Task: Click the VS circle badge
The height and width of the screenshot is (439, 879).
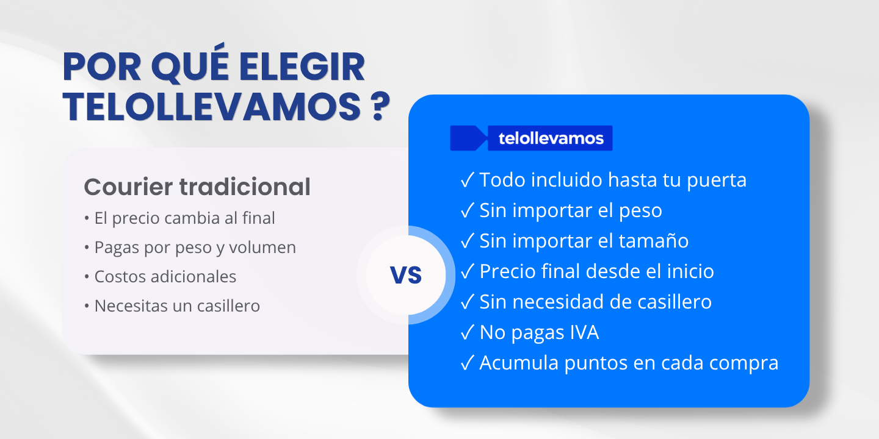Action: pyautogui.click(x=406, y=275)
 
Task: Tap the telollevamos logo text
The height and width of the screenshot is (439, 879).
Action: pyautogui.click(x=551, y=138)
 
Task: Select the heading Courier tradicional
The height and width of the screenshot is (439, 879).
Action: pyautogui.click(x=197, y=187)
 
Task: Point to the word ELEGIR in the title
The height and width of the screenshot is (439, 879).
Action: pyautogui.click(x=302, y=66)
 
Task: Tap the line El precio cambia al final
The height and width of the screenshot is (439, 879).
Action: pyautogui.click(x=184, y=218)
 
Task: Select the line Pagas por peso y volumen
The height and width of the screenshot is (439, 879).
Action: pyautogui.click(x=195, y=248)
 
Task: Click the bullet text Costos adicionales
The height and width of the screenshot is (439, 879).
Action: pyautogui.click(x=165, y=277)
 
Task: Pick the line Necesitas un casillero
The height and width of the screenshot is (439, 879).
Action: pyautogui.click(x=177, y=306)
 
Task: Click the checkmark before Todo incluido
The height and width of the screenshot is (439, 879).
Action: pyautogui.click(x=468, y=180)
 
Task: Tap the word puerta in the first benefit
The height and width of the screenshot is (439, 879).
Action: pyautogui.click(x=717, y=180)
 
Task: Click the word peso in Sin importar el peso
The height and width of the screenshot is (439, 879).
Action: pyautogui.click(x=640, y=211)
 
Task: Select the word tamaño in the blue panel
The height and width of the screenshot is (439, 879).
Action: pyautogui.click(x=653, y=241)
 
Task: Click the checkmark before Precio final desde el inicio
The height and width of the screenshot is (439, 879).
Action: pyautogui.click(x=468, y=271)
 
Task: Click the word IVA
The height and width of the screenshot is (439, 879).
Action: pyautogui.click(x=584, y=332)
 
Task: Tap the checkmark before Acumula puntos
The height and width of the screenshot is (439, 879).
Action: pyautogui.click(x=468, y=363)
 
